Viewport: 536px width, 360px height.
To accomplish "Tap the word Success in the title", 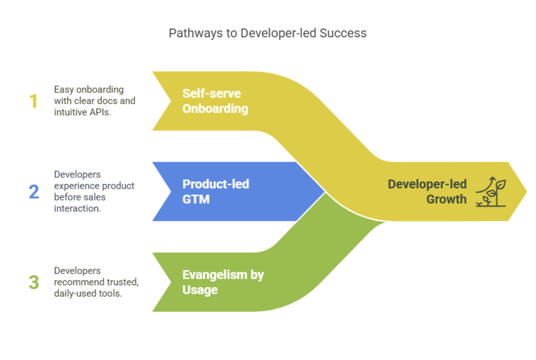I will (343, 33).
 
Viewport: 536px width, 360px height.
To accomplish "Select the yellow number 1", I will (33, 101).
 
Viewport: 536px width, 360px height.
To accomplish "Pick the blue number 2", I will (34, 192).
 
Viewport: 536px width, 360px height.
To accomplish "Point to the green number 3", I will (34, 282).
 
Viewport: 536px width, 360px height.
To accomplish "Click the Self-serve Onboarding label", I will (215, 101).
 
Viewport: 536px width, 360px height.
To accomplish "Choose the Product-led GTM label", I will (216, 191).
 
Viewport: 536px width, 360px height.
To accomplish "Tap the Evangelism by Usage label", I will (223, 282).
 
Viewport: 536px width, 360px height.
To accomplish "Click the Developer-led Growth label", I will (427, 191).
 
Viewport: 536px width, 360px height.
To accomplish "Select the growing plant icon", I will (490, 192).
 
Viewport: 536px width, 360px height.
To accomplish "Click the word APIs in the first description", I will (100, 112).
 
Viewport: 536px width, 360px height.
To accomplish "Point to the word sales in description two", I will (95, 197).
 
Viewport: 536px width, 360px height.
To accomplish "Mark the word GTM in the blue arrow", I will (196, 199).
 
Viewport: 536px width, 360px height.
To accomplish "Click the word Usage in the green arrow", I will (200, 290).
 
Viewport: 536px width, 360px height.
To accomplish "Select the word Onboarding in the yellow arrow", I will (215, 109).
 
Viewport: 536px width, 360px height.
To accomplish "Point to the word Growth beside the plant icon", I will (446, 199).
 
